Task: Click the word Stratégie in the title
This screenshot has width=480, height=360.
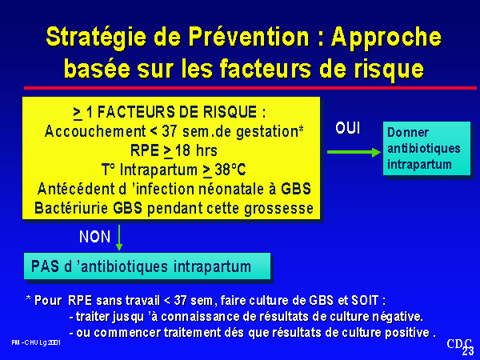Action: [97, 38]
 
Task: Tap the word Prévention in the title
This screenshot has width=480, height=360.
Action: [249, 37]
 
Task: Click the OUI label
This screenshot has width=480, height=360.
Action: [347, 128]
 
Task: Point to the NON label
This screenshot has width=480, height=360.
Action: [94, 237]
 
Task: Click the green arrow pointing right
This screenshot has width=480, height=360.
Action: [354, 152]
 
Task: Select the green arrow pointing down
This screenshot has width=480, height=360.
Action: [119, 238]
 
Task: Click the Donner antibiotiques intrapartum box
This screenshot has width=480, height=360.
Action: [426, 149]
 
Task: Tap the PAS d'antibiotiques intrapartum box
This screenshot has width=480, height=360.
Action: [147, 266]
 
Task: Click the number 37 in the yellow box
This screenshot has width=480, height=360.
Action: [170, 131]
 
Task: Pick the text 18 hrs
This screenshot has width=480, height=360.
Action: [196, 150]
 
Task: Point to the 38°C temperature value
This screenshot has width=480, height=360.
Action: [230, 170]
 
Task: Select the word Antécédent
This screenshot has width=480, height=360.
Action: [82, 189]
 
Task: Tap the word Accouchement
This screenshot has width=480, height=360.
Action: [95, 131]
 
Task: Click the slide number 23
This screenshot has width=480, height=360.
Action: [468, 351]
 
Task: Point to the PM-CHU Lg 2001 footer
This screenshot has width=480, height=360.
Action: [36, 342]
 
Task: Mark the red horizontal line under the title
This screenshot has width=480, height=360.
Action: [250, 88]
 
